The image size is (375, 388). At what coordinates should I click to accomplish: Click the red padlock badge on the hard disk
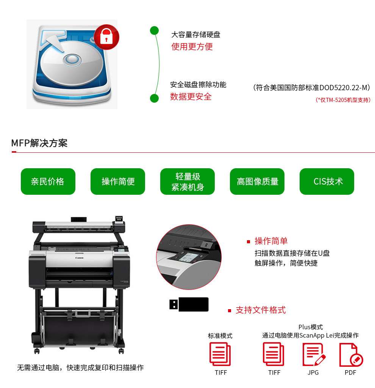106,37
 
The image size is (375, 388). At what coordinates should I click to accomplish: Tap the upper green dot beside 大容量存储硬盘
154,30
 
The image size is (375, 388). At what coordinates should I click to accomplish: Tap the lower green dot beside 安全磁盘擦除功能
154,98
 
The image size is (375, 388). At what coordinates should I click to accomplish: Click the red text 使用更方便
192,47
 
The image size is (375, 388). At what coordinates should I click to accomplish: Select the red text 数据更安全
191,97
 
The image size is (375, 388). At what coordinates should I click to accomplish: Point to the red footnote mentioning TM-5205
343,100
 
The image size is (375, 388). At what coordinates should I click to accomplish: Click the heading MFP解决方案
39,143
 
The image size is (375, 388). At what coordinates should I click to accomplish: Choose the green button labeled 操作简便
118,181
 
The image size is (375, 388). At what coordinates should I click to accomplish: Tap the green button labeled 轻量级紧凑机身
187,181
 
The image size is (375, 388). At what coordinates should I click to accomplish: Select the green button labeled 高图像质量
257,181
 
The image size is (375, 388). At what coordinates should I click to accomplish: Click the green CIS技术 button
327,181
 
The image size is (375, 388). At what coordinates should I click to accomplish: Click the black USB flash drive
189,304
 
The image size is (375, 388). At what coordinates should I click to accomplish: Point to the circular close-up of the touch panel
189,257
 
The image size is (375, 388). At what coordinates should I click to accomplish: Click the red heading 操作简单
271,241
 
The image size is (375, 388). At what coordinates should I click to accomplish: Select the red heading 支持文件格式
261,310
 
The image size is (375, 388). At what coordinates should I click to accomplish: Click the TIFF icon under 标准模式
220,354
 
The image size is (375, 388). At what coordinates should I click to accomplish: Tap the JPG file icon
314,354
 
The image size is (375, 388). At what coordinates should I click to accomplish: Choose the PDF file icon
351,354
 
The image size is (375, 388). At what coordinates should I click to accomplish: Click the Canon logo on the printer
80,258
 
